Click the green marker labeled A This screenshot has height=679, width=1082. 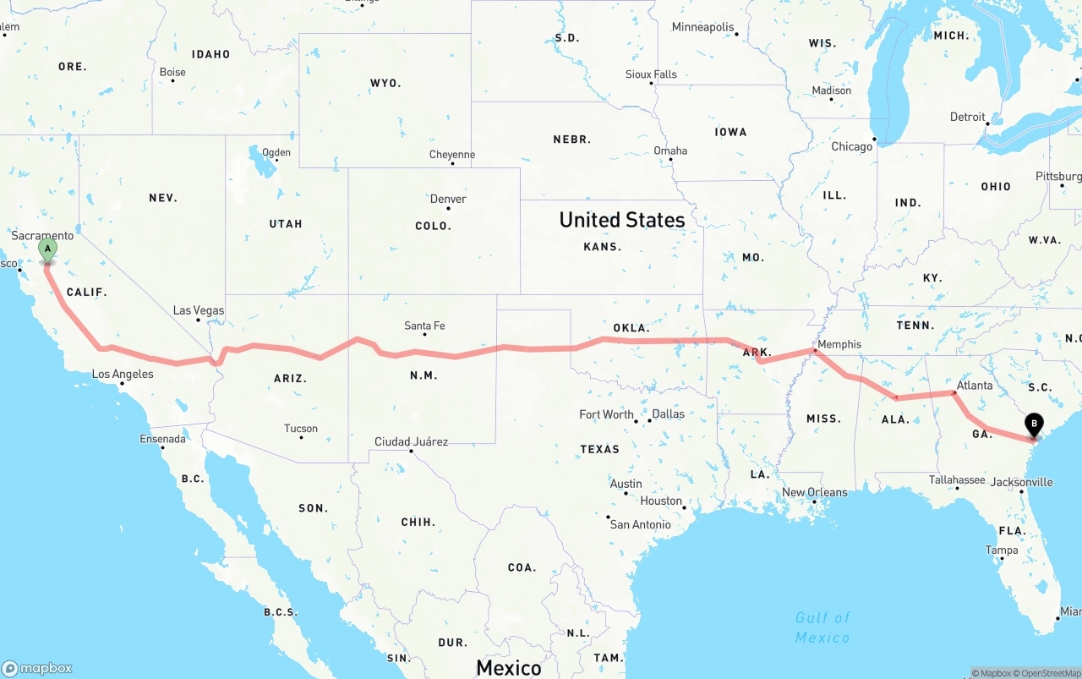tap(48, 249)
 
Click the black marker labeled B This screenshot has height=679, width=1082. tap(1033, 424)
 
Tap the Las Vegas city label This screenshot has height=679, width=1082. tap(199, 310)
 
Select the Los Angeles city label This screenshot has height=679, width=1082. tap(123, 374)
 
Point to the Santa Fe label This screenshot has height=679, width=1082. tap(424, 326)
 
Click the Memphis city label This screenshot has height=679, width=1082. tap(839, 344)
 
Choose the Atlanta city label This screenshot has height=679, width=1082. tap(975, 386)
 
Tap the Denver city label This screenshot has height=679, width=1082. tap(448, 199)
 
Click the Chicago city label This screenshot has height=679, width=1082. tap(851, 147)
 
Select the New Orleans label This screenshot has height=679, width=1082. tap(814, 492)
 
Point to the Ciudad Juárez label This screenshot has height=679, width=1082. tap(411, 441)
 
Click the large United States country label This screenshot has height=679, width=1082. tap(622, 220)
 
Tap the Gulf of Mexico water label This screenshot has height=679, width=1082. tap(822, 627)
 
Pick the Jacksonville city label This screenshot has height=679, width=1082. tap(1022, 482)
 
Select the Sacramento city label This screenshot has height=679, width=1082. tap(42, 235)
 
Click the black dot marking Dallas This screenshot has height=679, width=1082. tap(648, 420)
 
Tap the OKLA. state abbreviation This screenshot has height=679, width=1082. tap(631, 327)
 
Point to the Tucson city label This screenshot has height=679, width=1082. tap(301, 429)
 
